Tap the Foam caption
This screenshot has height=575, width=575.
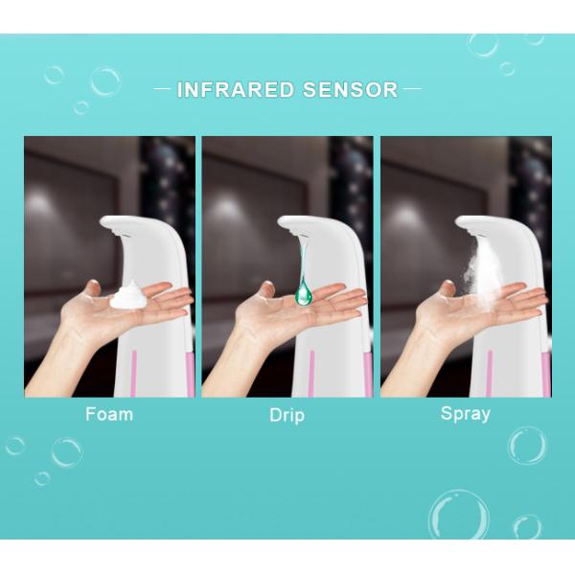point(109,415)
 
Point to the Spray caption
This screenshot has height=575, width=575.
point(465,415)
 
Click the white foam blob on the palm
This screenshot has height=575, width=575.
point(128,298)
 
